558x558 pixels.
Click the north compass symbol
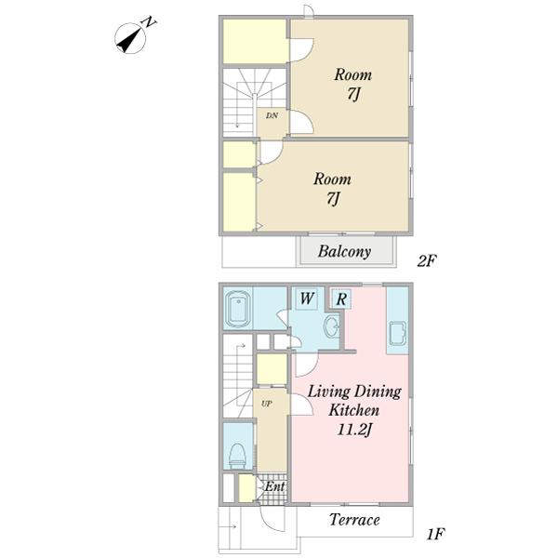pyautogui.click(x=130, y=38)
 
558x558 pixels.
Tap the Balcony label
pyautogui.click(x=344, y=251)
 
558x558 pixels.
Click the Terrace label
pyautogui.click(x=354, y=520)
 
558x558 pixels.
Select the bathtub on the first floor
pyautogui.click(x=238, y=308)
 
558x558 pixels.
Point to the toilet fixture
pyautogui.click(x=237, y=455)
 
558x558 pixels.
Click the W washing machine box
pyautogui.click(x=307, y=299)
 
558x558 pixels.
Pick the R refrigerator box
pyautogui.click(x=341, y=299)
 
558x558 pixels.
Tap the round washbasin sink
pyautogui.click(x=331, y=326)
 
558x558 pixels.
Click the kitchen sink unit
pyautogui.click(x=398, y=333)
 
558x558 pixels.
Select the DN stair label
pyautogui.click(x=272, y=115)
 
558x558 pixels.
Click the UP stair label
pyautogui.click(x=267, y=404)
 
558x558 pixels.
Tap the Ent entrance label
pyautogui.click(x=274, y=486)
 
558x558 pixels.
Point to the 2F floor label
pyautogui.click(x=427, y=261)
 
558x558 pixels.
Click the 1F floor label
pyautogui.click(x=435, y=534)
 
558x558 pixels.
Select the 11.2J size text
pyautogui.click(x=354, y=431)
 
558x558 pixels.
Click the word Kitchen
pyautogui.click(x=353, y=410)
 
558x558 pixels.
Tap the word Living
pyautogui.click(x=324, y=392)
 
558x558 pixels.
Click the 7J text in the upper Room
pyautogui.click(x=353, y=94)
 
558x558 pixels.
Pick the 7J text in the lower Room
pyautogui.click(x=334, y=198)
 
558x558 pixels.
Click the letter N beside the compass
pyautogui.click(x=149, y=22)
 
